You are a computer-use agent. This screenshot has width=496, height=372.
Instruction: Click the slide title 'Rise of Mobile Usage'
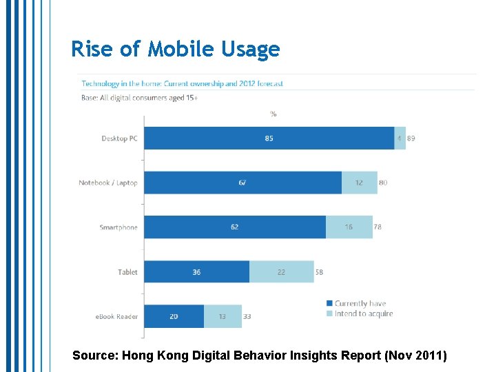tap(176, 50)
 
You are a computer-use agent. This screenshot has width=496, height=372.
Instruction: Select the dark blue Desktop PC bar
tap(269, 138)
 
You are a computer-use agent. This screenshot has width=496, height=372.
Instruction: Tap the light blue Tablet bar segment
tap(281, 272)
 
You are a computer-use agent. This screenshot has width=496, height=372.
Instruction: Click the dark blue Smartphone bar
tap(234, 227)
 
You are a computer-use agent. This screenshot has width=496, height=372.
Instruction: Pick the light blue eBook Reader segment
tap(223, 316)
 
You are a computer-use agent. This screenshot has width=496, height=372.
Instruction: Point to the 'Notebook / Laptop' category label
tap(108, 183)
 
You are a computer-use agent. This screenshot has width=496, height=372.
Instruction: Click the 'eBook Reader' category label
tap(116, 317)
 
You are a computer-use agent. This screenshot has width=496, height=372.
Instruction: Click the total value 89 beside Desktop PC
tap(411, 138)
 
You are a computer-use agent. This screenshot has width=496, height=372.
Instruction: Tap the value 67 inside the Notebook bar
tap(242, 183)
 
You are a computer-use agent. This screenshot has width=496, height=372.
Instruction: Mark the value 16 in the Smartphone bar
tap(349, 227)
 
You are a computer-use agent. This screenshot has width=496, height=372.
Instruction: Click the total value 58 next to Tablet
tap(319, 272)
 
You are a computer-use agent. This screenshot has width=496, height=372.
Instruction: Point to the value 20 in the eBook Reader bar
tap(174, 317)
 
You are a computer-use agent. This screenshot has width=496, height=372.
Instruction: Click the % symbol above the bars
tap(273, 114)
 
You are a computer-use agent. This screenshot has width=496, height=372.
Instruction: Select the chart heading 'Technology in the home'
tap(183, 84)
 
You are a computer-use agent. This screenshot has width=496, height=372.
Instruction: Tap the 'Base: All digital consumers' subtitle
tap(140, 98)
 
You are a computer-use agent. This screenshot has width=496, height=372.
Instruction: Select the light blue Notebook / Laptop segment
tap(359, 183)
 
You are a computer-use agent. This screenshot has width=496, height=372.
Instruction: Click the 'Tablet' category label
tap(127, 272)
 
